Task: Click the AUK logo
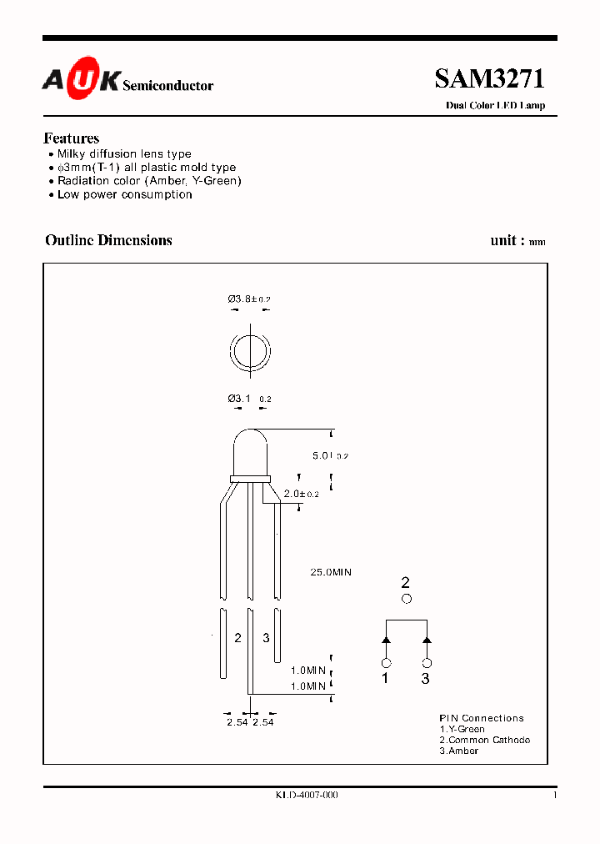point(82,80)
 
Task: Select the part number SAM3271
point(489,79)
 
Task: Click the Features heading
point(71,138)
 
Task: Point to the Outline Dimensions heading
point(108,240)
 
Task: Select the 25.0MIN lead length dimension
point(331,572)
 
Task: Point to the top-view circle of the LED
point(250,353)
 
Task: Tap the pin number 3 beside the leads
point(266,638)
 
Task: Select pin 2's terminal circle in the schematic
point(406,599)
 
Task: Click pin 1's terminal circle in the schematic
point(386,663)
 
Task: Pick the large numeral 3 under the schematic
point(426,679)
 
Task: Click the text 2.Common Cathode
point(484,740)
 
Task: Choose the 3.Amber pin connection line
point(459,751)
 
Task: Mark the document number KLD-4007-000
point(306,796)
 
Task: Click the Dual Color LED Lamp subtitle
point(495,106)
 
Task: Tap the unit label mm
point(537,243)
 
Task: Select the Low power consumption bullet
point(124,194)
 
